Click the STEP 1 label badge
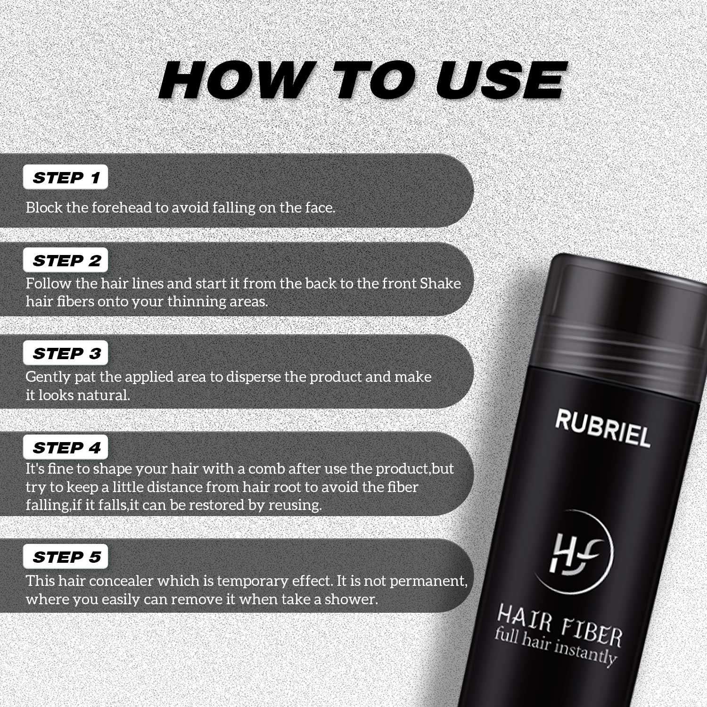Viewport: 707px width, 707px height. (66, 178)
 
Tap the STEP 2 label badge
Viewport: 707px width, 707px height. (66, 261)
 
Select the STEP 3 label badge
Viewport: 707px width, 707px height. (66, 353)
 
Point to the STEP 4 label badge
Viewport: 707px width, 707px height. (66, 447)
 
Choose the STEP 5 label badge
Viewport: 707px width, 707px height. (66, 557)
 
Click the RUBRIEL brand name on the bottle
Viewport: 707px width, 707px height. (602, 427)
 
